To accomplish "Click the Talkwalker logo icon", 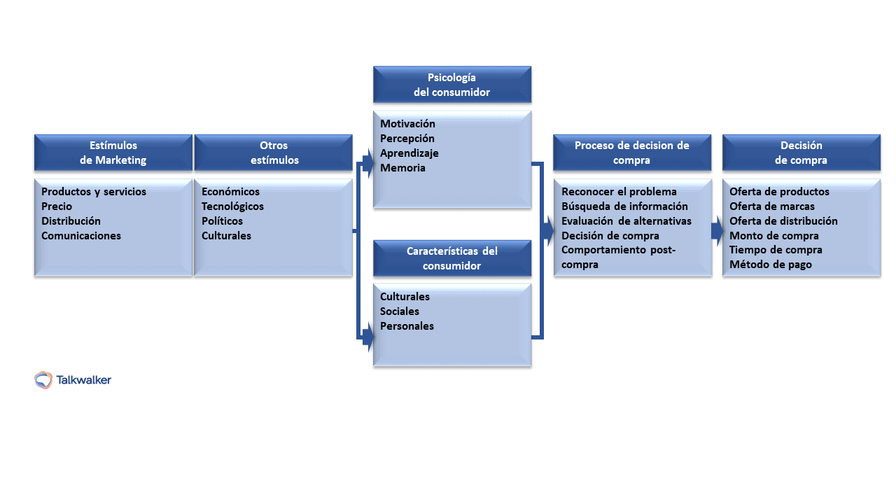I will pos(43,380).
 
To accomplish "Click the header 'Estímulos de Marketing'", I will pos(113,153).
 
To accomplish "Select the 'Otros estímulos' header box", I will pos(274,153).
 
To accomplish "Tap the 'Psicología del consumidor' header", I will pos(452,85).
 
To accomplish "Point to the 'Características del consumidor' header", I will pos(452,258).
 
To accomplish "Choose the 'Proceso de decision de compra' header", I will pos(632,153).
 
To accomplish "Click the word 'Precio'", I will pos(57,206).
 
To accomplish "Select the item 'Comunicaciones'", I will pos(81,236).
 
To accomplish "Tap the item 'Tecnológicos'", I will pos(232,206).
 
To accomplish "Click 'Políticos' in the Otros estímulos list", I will pos(222,221).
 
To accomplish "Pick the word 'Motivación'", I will pos(407,124).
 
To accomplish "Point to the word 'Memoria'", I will pos(402,168).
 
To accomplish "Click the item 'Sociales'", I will pos(400,311).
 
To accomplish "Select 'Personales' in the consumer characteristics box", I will pos(407,326).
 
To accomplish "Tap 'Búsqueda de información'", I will pos(624,206).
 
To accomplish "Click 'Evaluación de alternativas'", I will pos(626,221).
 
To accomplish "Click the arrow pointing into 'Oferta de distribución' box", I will pos(717,230).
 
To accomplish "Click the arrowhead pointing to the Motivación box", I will pos(367,167).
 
